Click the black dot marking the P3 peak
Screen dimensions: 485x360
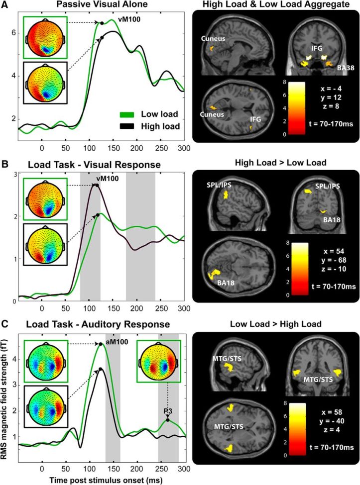tap(167, 420)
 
